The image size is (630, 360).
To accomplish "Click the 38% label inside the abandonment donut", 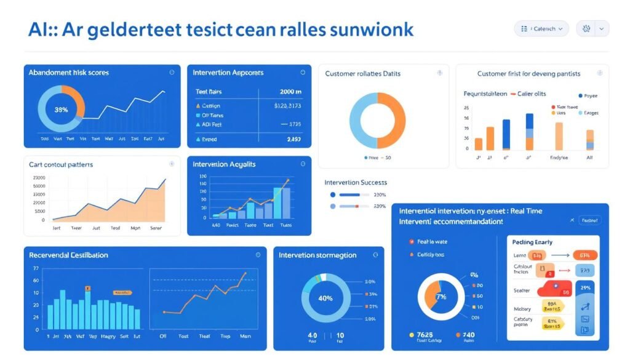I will (x=61, y=110).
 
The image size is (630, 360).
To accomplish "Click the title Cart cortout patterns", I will (x=60, y=165).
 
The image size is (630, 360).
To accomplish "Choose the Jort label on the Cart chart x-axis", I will (x=57, y=227).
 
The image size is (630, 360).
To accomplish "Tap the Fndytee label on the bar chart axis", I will (x=559, y=158).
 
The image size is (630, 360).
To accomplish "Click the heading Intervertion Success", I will (x=356, y=183).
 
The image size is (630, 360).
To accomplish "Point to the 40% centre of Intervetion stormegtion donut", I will (x=325, y=298).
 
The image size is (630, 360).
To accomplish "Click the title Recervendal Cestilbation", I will (x=68, y=255).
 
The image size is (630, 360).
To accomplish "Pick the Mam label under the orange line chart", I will (x=245, y=336).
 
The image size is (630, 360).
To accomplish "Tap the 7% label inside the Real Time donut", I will (x=441, y=297).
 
